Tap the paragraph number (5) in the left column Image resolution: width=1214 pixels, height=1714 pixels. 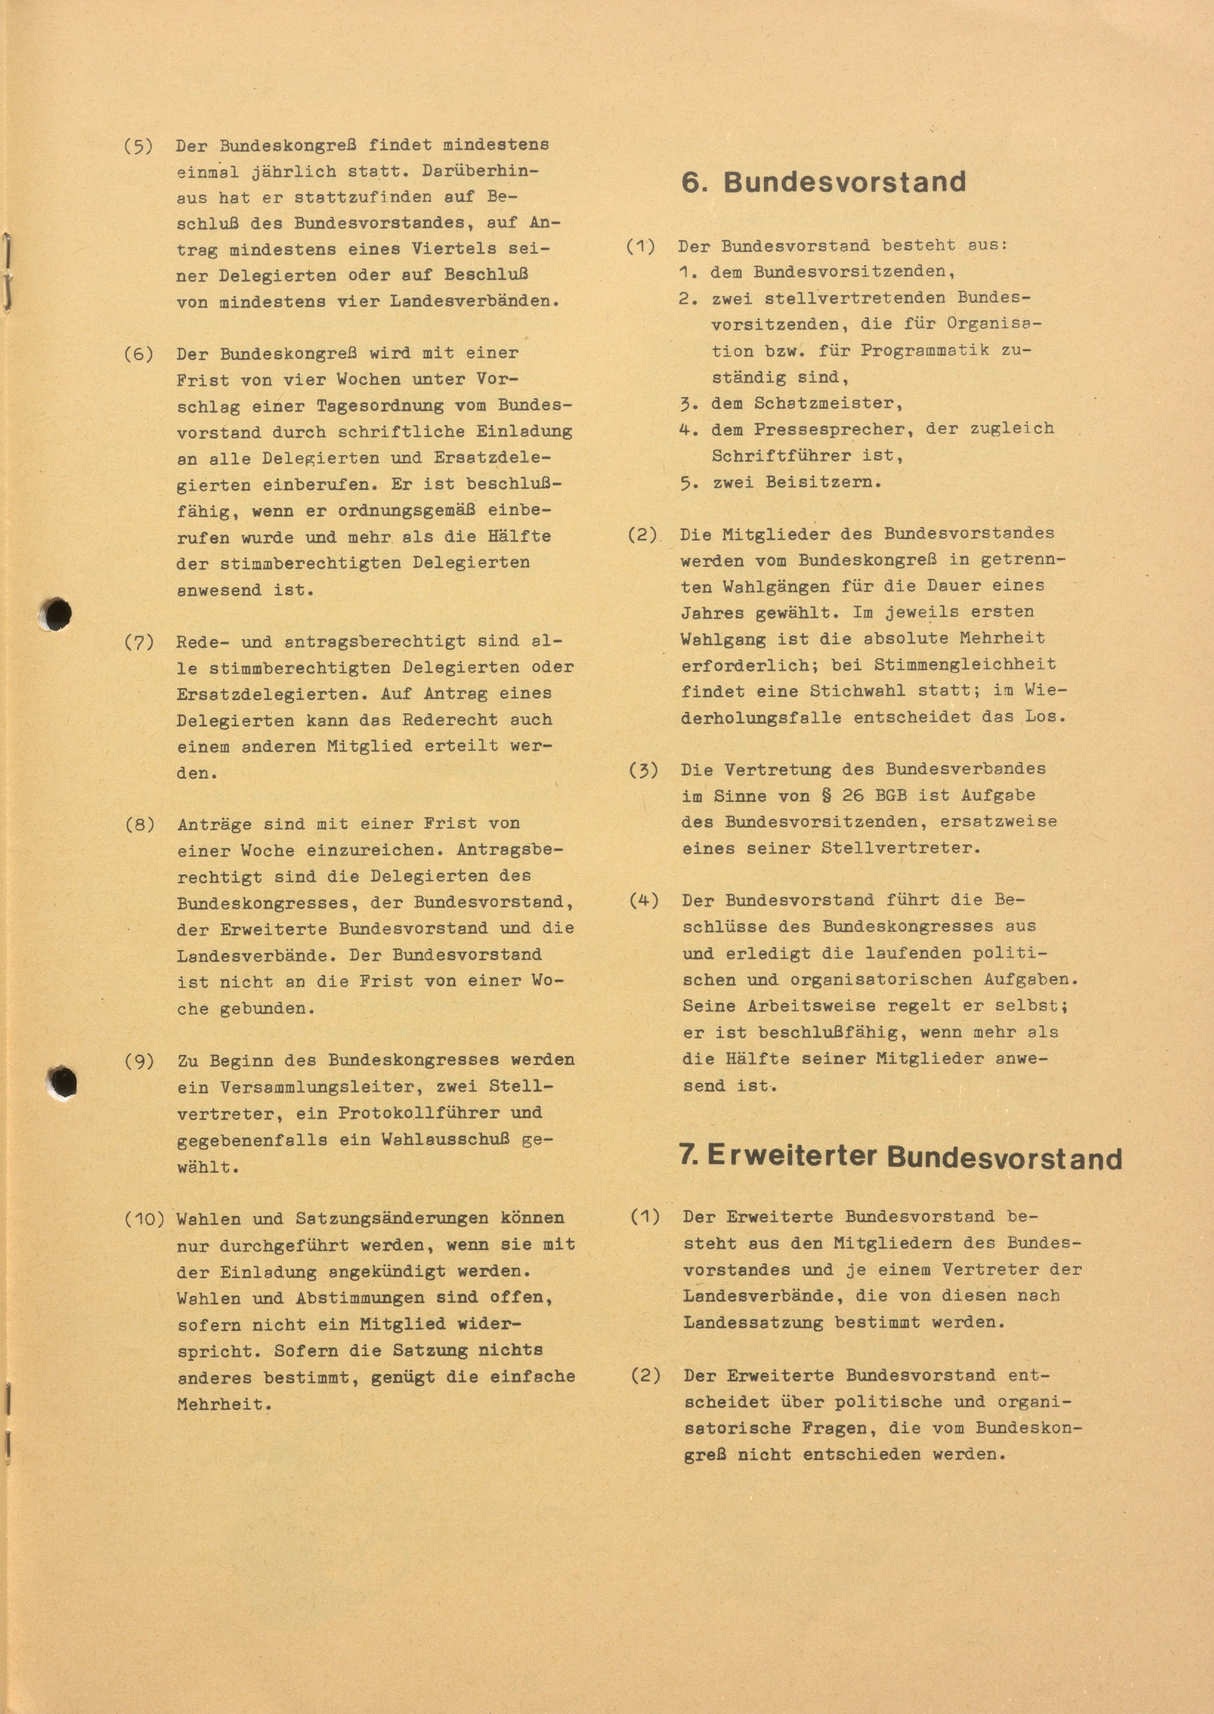pyautogui.click(x=138, y=144)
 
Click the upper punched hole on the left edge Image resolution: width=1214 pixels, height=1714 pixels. pyautogui.click(x=56, y=615)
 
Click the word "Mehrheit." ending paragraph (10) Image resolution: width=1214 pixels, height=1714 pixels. pyautogui.click(x=224, y=1404)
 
